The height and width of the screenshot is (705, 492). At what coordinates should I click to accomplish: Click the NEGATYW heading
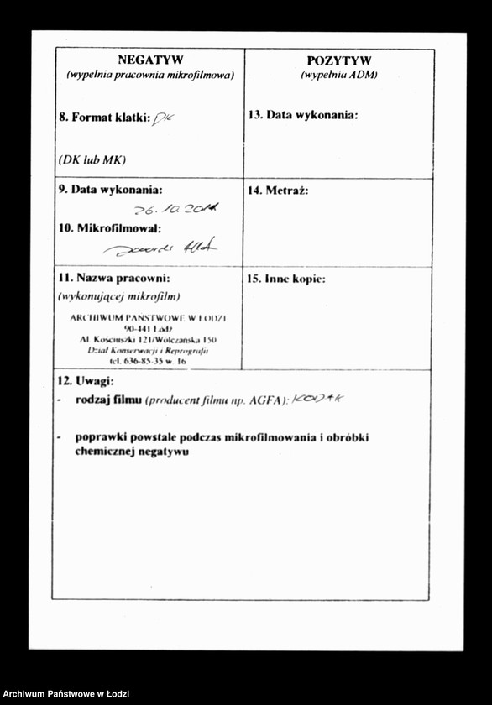pyautogui.click(x=150, y=60)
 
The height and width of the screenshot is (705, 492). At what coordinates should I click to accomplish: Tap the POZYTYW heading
pyautogui.click(x=339, y=60)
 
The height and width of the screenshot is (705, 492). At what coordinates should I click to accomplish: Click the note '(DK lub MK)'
pyautogui.click(x=92, y=159)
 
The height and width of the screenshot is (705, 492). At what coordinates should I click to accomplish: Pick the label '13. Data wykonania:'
pyautogui.click(x=302, y=115)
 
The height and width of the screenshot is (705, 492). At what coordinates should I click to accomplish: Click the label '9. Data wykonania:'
pyautogui.click(x=110, y=190)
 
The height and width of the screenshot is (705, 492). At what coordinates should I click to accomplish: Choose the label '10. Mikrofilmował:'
pyautogui.click(x=109, y=227)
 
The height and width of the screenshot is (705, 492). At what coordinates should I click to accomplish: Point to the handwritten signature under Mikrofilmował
pyautogui.click(x=160, y=247)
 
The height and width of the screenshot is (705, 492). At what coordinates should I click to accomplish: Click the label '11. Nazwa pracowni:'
pyautogui.click(x=114, y=278)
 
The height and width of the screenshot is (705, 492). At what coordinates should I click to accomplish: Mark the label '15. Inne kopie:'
pyautogui.click(x=285, y=279)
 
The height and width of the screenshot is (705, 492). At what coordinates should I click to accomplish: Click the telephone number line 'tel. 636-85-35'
pyautogui.click(x=148, y=361)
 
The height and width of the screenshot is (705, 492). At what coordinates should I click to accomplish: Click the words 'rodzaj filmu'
pyautogui.click(x=107, y=400)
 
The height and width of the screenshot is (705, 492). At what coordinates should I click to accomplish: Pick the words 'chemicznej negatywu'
pyautogui.click(x=131, y=452)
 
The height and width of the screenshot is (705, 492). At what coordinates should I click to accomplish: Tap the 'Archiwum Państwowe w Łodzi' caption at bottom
pyautogui.click(x=65, y=694)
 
